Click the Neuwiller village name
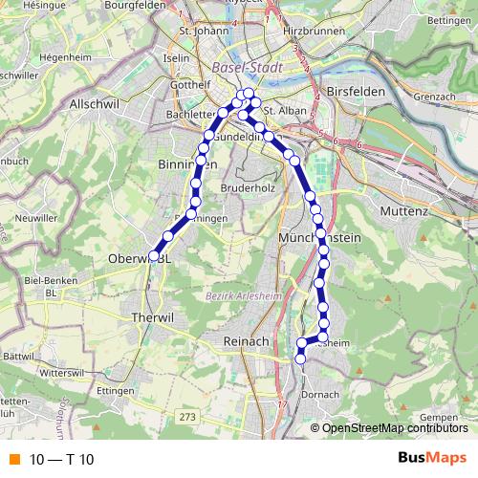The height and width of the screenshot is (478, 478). tap(38, 218)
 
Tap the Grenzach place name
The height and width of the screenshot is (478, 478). tap(436, 97)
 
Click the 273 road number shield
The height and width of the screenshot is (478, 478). tap(186, 417)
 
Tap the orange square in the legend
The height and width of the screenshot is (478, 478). tap(13, 459)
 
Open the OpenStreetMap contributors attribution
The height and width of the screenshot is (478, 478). tap(395, 427)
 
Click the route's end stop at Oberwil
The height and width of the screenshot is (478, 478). tap(154, 255)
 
